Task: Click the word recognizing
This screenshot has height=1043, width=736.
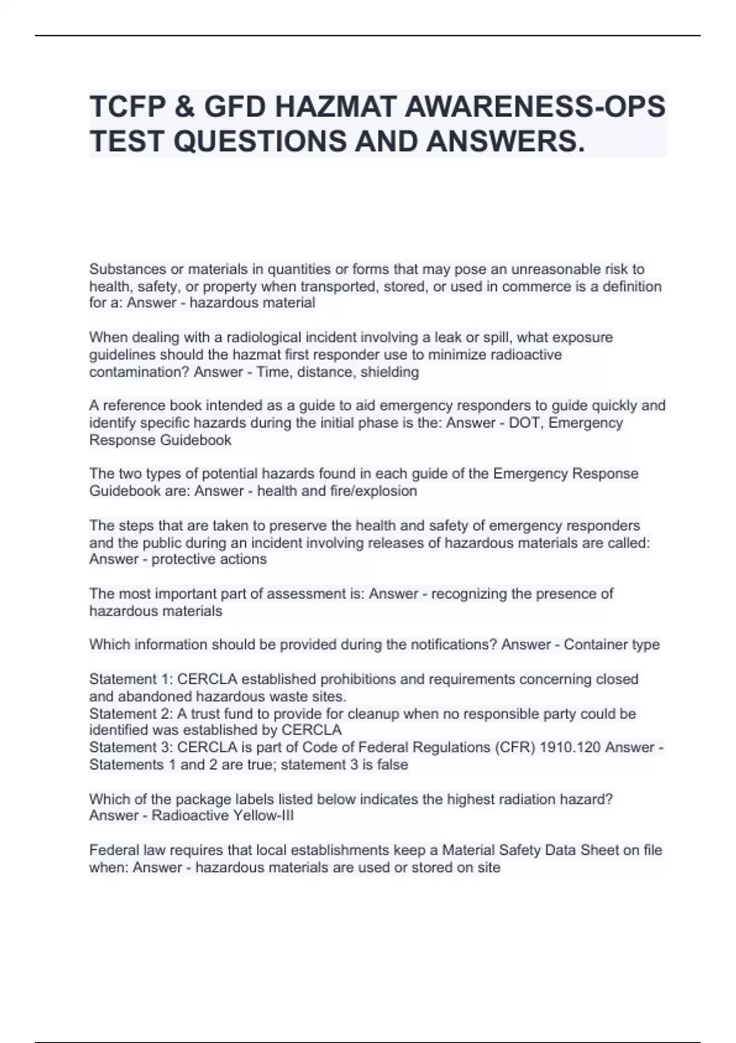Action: (x=469, y=594)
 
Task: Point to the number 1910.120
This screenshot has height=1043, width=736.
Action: (x=570, y=747)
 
